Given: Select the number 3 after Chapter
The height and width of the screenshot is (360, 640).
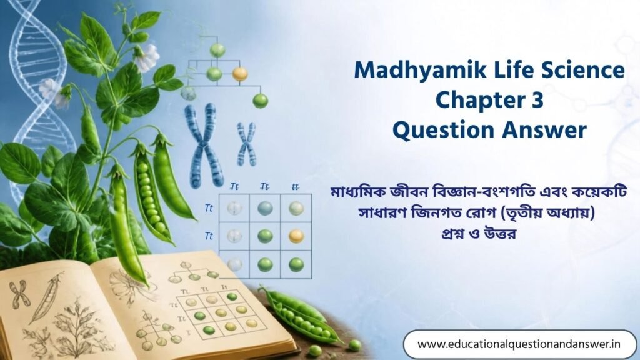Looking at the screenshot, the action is (537, 100).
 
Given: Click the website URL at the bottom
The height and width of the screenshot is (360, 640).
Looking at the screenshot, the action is (519, 344).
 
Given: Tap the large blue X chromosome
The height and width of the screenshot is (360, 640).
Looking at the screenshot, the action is (204, 145).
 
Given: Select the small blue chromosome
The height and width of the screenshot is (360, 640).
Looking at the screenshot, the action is (246, 144).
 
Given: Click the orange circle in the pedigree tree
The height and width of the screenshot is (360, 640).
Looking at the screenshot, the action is (240, 74).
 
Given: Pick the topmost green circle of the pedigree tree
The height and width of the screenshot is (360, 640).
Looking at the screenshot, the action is (217, 50).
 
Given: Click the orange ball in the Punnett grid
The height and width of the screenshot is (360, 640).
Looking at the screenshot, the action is (296, 236).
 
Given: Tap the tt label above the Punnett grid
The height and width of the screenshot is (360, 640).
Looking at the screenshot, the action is (295, 187).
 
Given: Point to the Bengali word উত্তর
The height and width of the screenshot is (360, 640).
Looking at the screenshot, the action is (500, 234).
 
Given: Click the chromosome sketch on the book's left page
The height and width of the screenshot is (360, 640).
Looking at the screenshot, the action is (19, 294).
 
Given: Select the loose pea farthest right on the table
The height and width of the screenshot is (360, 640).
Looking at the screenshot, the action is (355, 345).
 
